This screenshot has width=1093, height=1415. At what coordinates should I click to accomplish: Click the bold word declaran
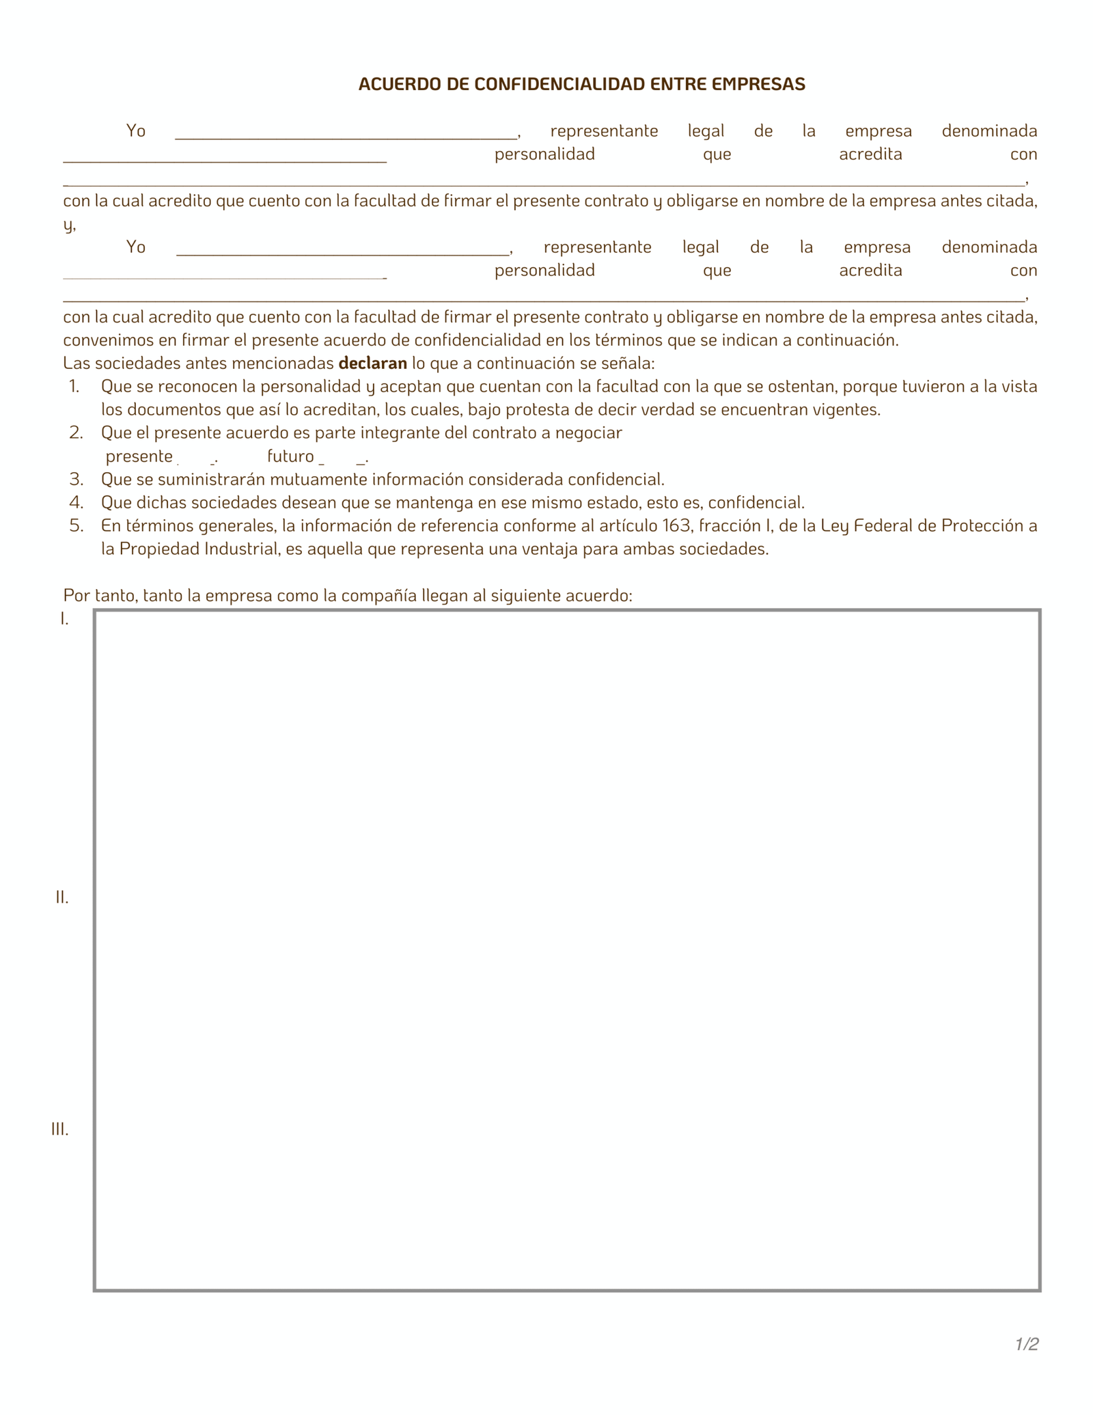[x=372, y=363]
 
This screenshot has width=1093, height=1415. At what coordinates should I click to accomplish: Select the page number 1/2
[x=1026, y=1344]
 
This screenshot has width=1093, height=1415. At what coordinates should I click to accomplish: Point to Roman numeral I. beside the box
[x=64, y=619]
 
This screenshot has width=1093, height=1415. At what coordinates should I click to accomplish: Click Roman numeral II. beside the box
[x=62, y=898]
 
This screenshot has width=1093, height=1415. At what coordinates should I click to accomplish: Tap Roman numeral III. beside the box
[x=60, y=1129]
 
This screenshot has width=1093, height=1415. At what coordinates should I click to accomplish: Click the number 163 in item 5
[x=677, y=525]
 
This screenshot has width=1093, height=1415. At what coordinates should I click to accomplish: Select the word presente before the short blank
[x=139, y=456]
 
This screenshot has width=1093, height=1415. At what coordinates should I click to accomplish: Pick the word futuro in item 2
[x=290, y=456]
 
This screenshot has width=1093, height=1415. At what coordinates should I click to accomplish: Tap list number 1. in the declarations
[x=74, y=387]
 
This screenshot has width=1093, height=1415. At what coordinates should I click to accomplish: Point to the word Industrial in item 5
[x=242, y=549]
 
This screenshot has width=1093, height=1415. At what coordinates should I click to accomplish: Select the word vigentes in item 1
[x=850, y=410]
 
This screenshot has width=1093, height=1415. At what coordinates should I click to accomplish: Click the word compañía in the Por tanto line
[x=379, y=595]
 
